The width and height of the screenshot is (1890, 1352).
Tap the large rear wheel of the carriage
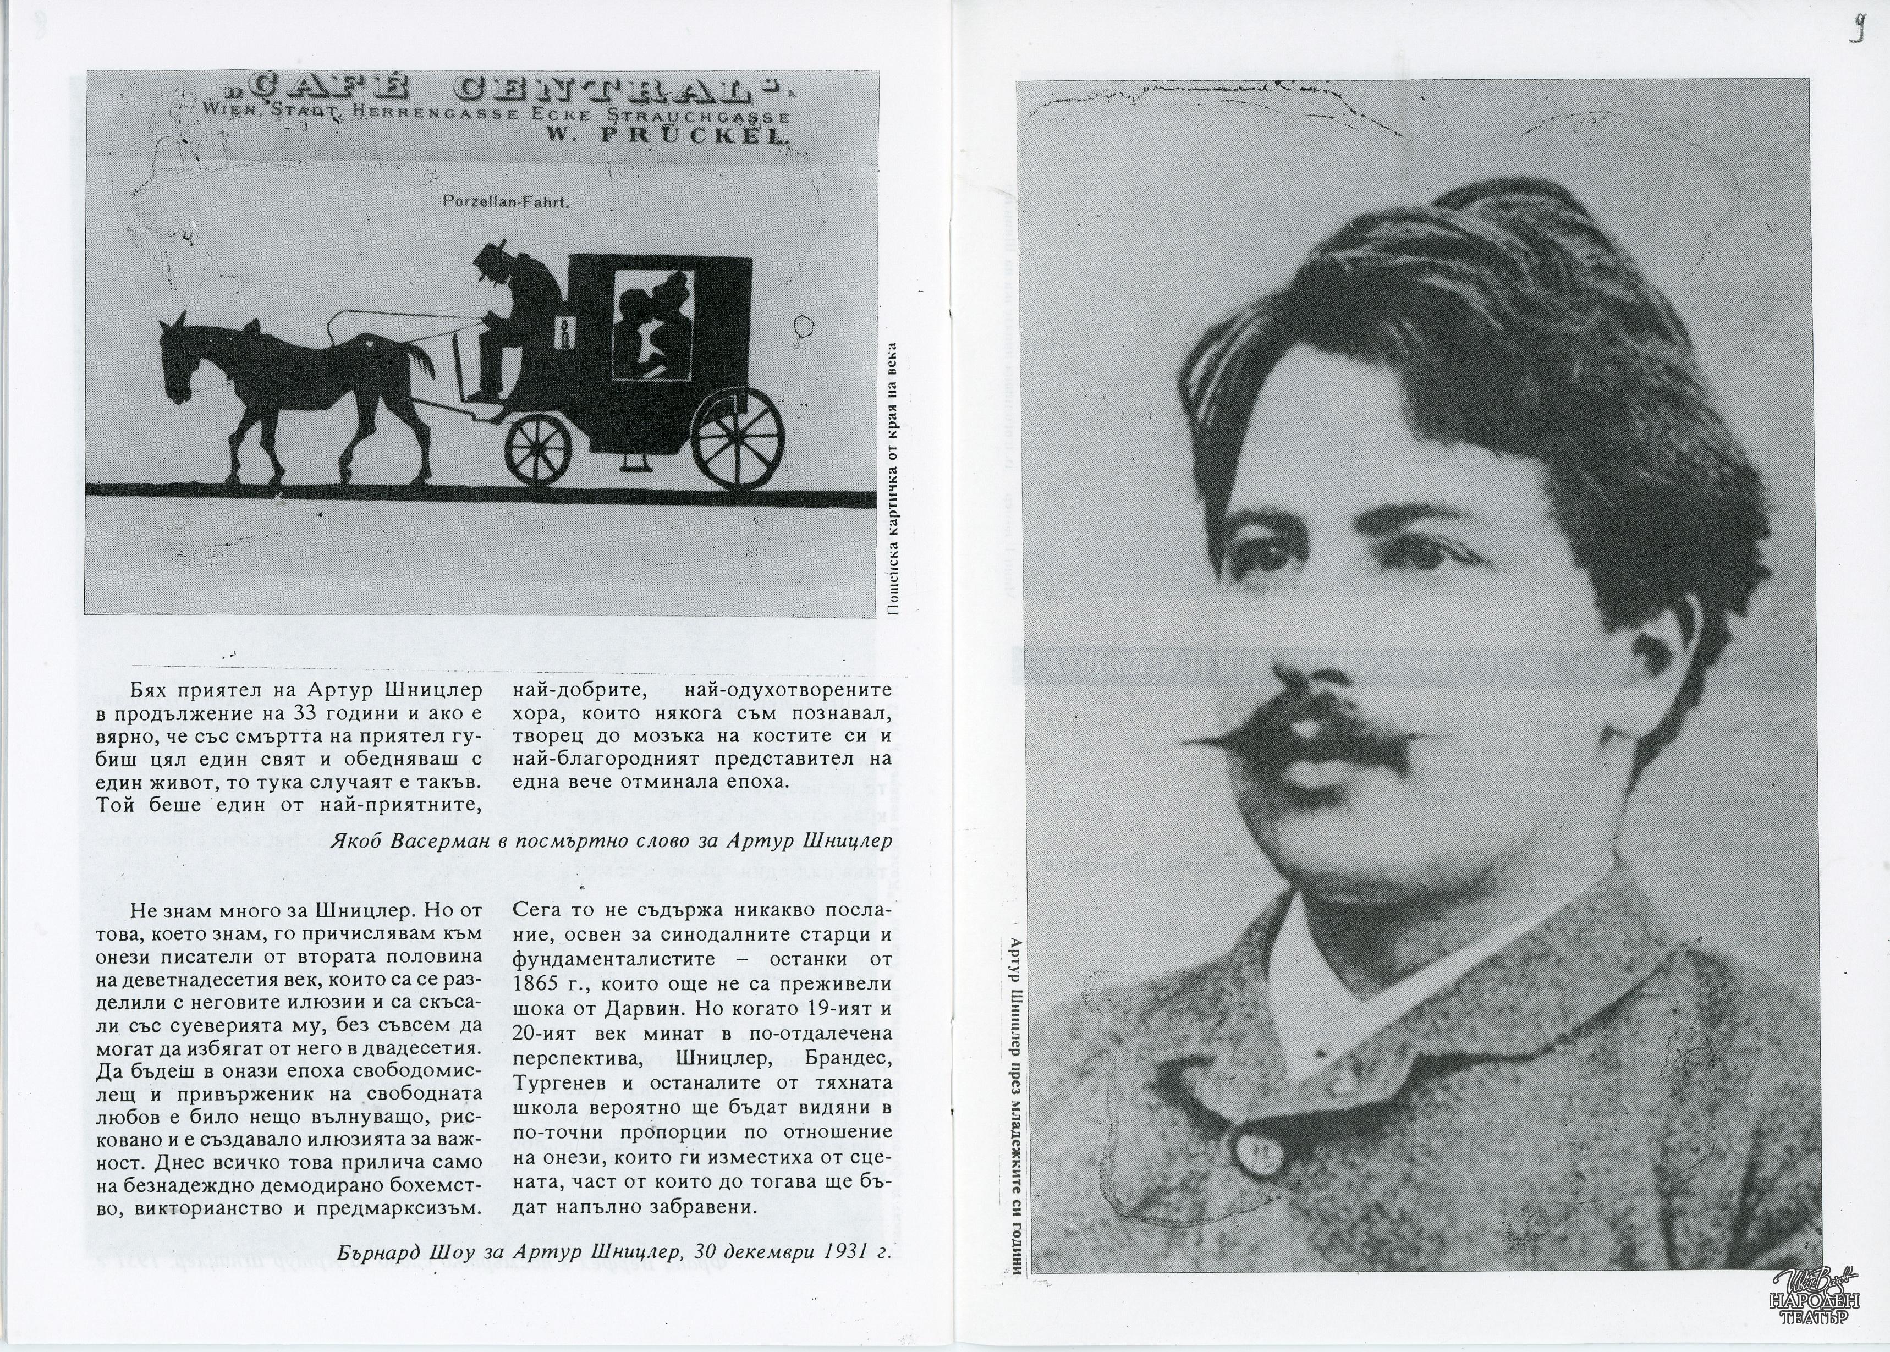(x=739, y=433)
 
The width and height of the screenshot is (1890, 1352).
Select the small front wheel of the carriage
(x=539, y=449)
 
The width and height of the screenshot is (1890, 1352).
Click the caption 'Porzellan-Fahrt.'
(x=506, y=201)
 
